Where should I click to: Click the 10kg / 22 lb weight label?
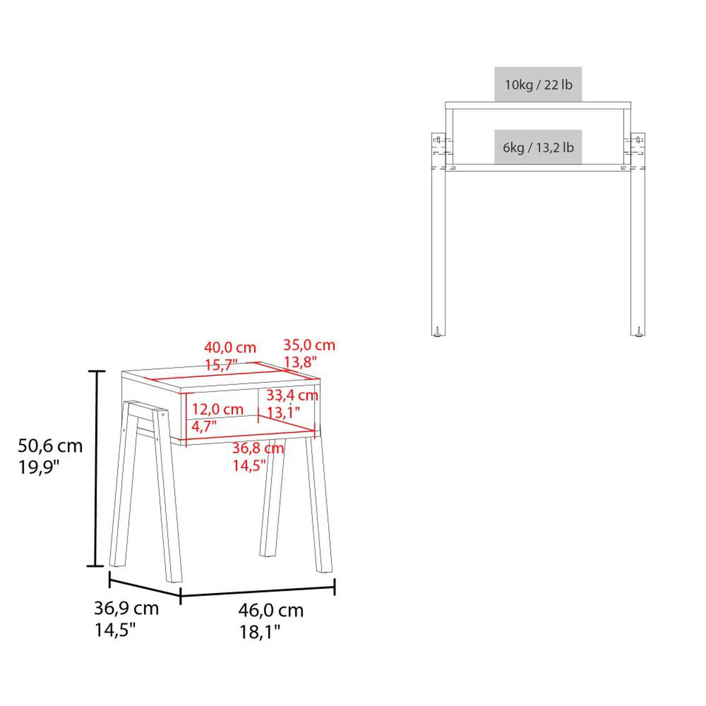(x=538, y=85)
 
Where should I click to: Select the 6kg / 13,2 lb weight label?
(x=538, y=148)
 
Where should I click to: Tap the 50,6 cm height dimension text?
(x=50, y=446)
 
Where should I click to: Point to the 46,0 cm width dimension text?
(x=271, y=610)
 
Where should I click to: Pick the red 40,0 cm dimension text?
(x=230, y=347)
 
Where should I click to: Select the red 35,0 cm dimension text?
(x=309, y=345)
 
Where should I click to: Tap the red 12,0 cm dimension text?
(x=218, y=409)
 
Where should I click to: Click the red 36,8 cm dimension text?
(x=258, y=448)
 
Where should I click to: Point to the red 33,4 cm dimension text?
(x=292, y=395)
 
